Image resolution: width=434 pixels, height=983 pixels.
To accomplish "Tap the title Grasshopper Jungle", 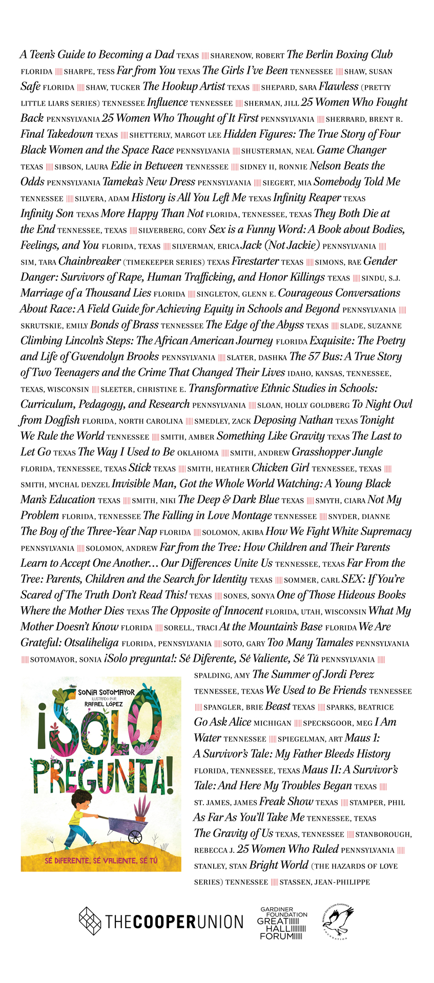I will (x=337, y=452).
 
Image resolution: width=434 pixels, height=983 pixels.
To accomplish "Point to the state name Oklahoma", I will (x=198, y=453).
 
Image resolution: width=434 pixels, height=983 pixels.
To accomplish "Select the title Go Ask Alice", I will (x=222, y=722).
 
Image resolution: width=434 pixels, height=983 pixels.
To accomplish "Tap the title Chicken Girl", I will (x=280, y=468).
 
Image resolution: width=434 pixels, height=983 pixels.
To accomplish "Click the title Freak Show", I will (x=286, y=802).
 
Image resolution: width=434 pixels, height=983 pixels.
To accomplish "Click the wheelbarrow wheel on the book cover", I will (x=135, y=837).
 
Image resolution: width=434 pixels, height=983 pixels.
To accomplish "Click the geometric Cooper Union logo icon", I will (x=90, y=921).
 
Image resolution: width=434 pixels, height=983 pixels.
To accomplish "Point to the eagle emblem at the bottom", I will (x=338, y=921).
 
